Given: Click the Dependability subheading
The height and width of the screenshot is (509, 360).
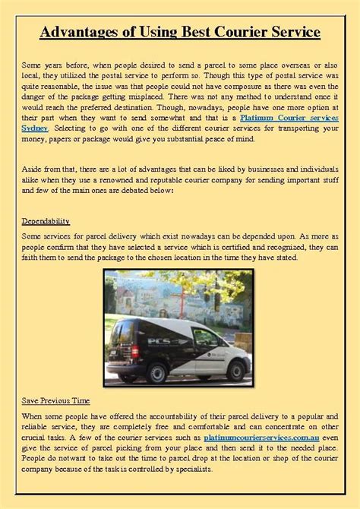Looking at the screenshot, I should [x=46, y=221].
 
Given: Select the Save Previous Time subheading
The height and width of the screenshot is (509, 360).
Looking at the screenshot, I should [x=55, y=400].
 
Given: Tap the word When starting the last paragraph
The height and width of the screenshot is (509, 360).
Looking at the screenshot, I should [x=33, y=416].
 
